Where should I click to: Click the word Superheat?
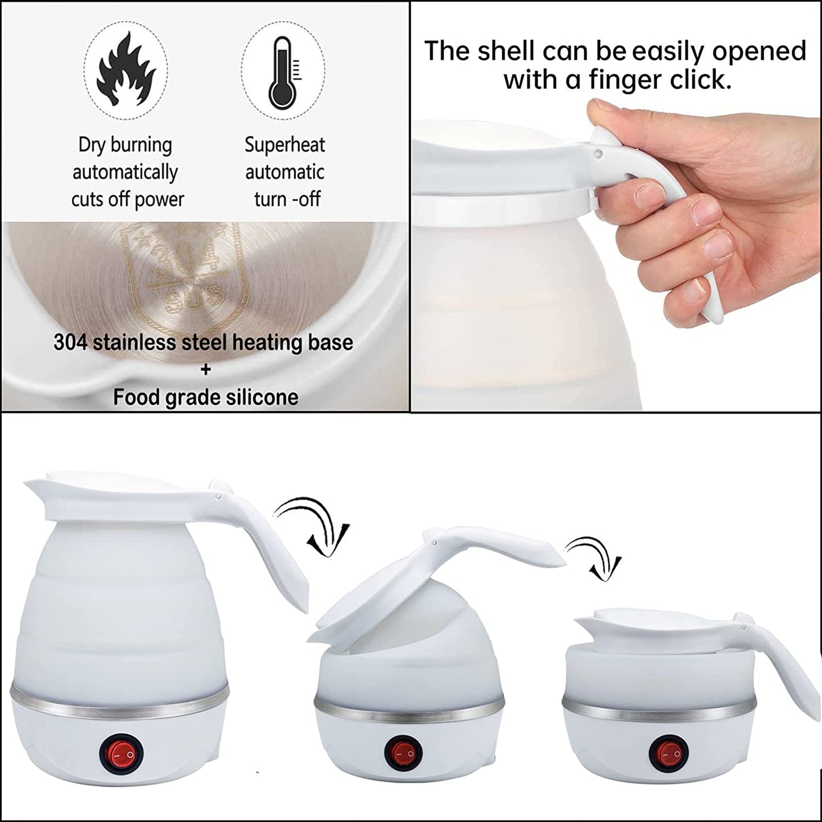click(x=284, y=144)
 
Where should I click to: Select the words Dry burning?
click(x=125, y=145)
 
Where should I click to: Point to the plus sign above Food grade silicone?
click(x=206, y=370)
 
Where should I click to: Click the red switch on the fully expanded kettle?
click(x=121, y=754)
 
